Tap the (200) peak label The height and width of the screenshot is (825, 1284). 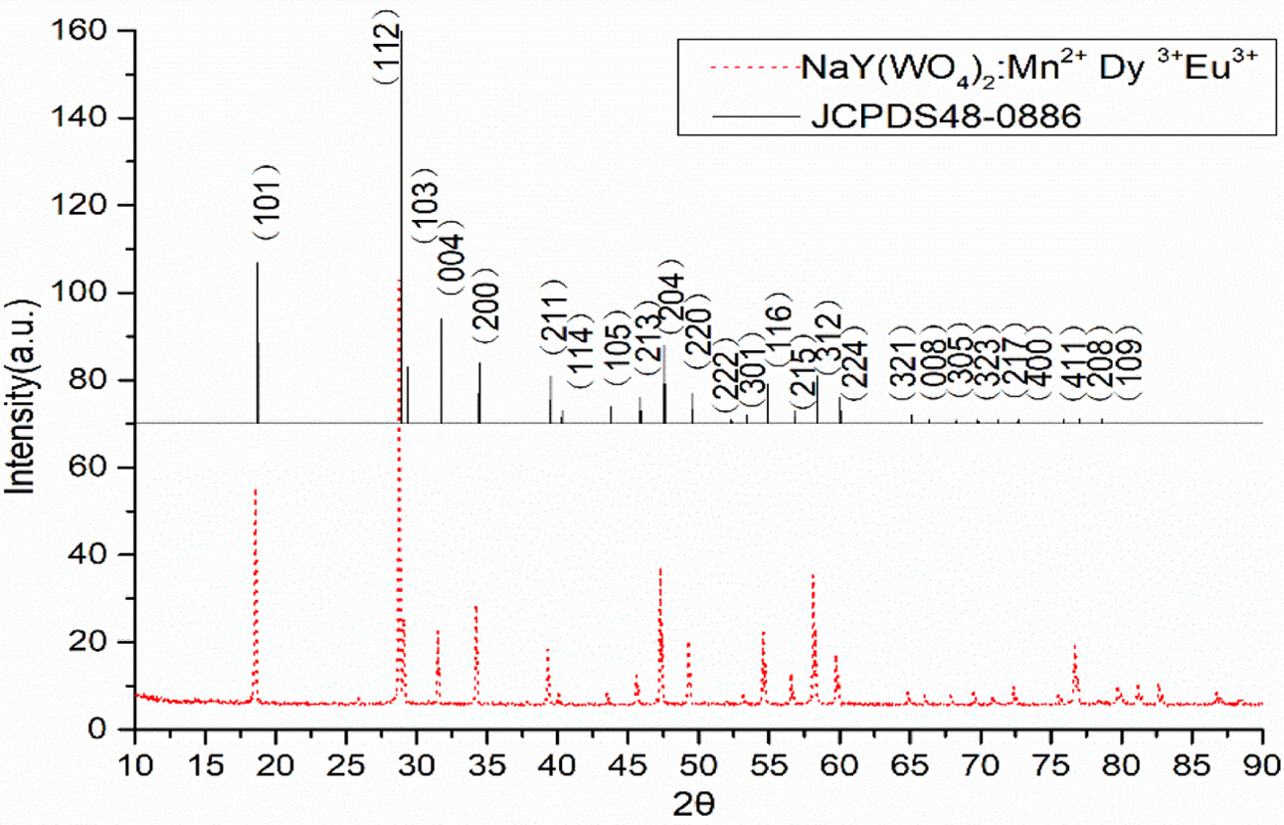pos(487,307)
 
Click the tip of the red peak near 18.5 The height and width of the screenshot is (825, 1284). pos(256,490)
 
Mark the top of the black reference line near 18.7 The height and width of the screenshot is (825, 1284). pos(258,263)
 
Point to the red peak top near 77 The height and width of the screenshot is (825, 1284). pos(1074,646)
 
